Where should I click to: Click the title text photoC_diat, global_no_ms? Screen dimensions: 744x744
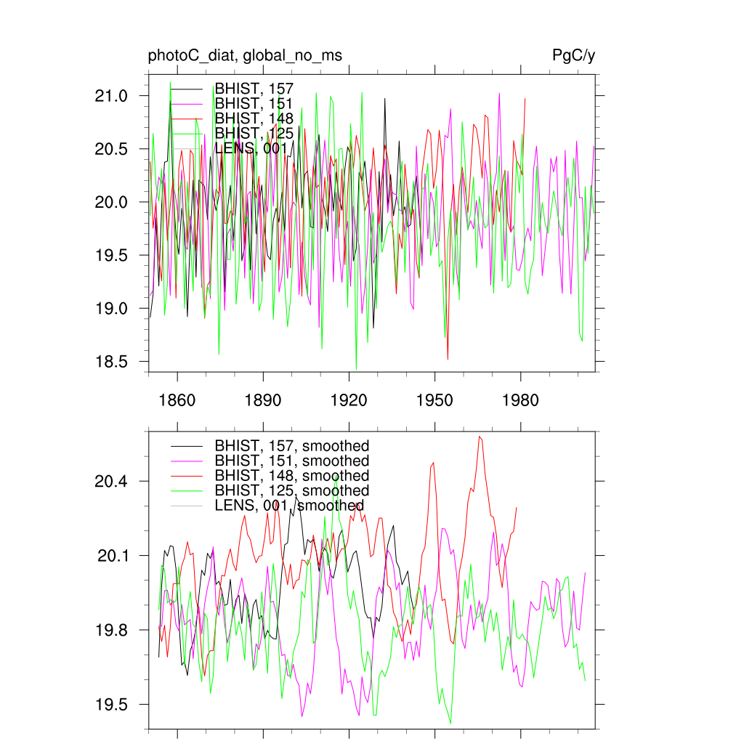(245, 56)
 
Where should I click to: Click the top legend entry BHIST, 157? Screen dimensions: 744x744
(254, 89)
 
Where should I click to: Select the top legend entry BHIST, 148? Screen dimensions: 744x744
(254, 118)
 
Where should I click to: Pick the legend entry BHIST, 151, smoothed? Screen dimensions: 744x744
(291, 461)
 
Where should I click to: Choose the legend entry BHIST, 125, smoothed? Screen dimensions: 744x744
(291, 491)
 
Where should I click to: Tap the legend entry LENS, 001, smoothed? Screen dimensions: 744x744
(289, 506)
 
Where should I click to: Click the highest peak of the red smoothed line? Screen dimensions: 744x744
(480, 437)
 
